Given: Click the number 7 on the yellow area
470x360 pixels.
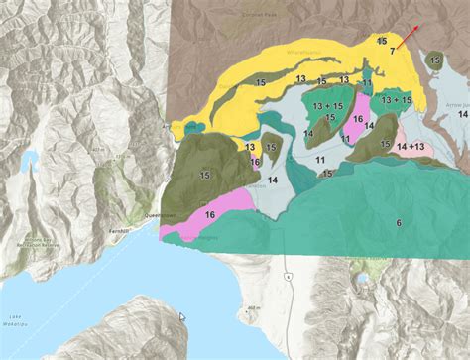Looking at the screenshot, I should (393, 51).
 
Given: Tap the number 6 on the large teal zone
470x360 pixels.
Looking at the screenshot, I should (398, 223).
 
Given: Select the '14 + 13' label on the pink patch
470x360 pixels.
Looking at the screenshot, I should (411, 147).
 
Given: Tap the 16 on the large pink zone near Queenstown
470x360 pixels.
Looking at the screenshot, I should (209, 215).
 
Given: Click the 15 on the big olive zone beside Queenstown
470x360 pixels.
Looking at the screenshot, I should (204, 175).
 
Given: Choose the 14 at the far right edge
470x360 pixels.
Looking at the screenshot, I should (462, 115).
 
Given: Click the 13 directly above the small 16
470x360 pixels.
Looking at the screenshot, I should (251, 147).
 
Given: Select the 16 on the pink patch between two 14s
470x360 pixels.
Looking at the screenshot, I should (357, 119).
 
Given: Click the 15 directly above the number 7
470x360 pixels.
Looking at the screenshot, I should (382, 41).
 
